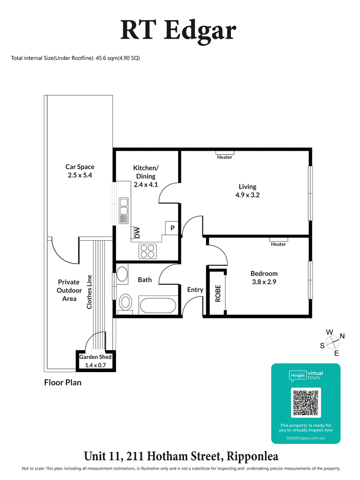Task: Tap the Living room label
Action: point(247,191)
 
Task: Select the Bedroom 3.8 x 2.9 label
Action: point(264,278)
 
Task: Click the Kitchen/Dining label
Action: point(146,176)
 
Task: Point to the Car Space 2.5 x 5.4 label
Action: point(80,171)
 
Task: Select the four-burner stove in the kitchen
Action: point(147,251)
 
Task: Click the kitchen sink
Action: point(123,211)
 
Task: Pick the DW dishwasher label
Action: point(137,233)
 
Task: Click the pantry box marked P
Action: point(172,229)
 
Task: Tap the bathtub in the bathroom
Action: point(157,306)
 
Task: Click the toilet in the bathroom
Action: point(126,302)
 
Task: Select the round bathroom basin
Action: point(122,274)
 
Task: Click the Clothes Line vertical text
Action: point(90,292)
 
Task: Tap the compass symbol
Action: point(332,343)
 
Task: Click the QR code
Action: point(306,402)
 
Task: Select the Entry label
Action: point(195,290)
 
